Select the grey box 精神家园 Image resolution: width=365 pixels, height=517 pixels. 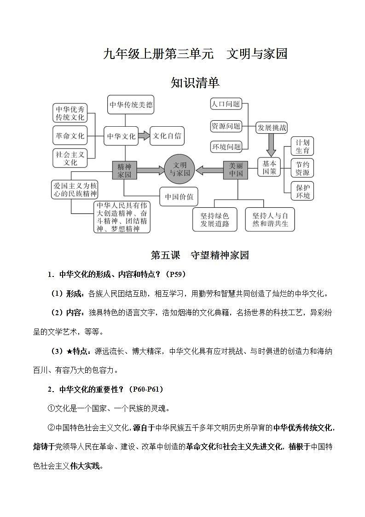pyautogui.click(x=124, y=170)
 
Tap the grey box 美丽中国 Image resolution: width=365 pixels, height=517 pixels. pyautogui.click(x=236, y=170)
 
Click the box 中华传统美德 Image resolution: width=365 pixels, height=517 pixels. pyautogui.click(x=131, y=105)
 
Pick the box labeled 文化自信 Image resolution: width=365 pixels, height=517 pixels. pyautogui.click(x=167, y=136)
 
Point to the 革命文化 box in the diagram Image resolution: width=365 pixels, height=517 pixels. pyautogui.click(x=70, y=136)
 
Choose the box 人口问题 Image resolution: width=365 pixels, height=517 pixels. pyautogui.click(x=226, y=104)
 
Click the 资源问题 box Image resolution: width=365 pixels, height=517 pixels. pyautogui.click(x=226, y=126)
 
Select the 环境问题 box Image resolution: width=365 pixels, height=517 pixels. pyautogui.click(x=226, y=147)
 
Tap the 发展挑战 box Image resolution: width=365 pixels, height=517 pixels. pyautogui.click(x=271, y=127)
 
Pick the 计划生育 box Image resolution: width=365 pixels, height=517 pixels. pyautogui.click(x=303, y=147)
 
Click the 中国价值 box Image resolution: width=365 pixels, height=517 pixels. pyautogui.click(x=179, y=197)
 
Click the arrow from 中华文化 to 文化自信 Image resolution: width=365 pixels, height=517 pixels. pyautogui.click(x=145, y=135)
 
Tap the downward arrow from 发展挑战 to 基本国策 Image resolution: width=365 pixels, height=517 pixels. pyautogui.click(x=271, y=146)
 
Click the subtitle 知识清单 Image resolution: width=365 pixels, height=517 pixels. pyautogui.click(x=195, y=83)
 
